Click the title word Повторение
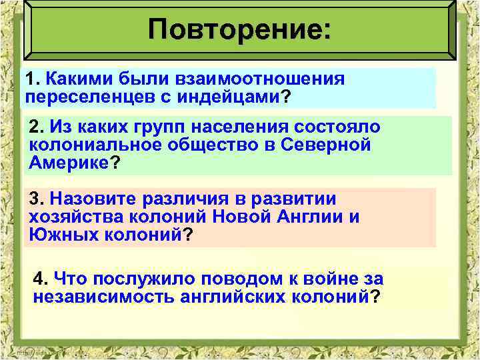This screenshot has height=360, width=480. pos(237,29)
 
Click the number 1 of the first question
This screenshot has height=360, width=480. pos(29,79)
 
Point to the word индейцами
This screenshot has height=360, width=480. pos(227,97)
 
